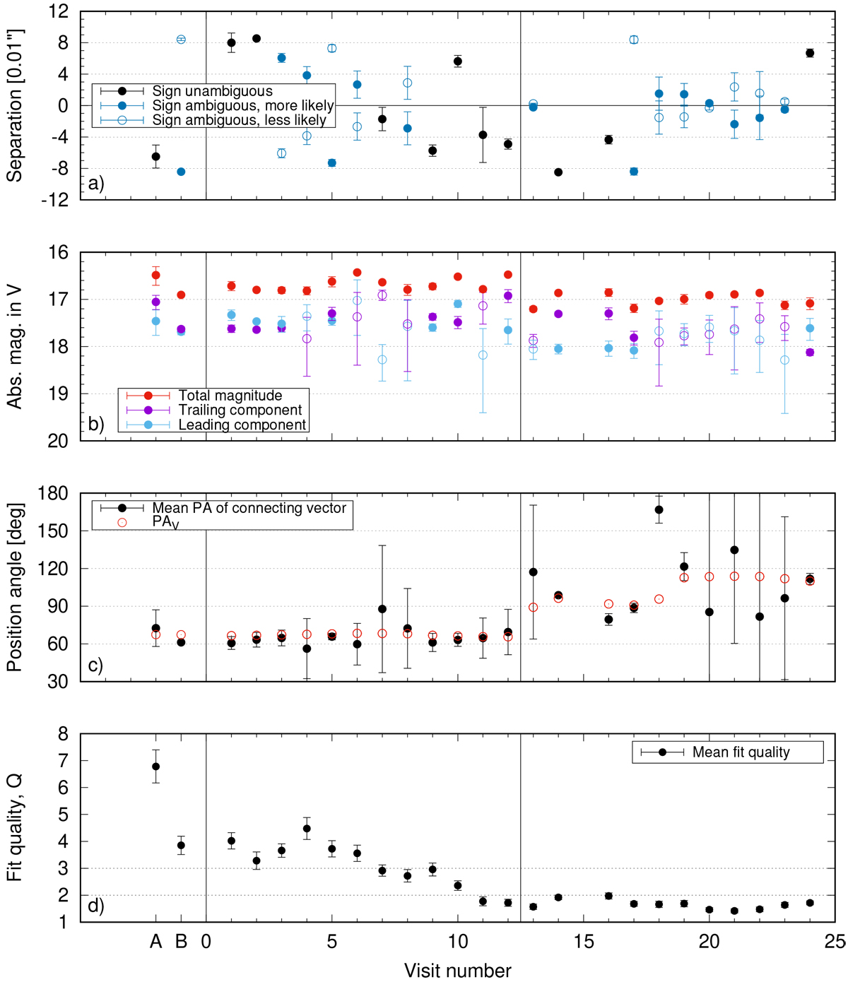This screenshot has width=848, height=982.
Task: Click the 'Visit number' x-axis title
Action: (x=457, y=971)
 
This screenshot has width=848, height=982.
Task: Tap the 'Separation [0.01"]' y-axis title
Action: (x=15, y=105)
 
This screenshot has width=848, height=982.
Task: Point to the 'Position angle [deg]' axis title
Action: (x=15, y=587)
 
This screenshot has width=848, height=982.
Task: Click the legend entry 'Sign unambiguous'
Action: (x=212, y=91)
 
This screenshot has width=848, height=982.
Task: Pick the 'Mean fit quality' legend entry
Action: (x=741, y=752)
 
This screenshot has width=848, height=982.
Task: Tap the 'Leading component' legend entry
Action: (x=242, y=425)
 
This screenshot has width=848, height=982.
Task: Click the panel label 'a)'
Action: (x=96, y=184)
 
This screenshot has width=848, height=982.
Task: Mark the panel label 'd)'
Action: (x=96, y=906)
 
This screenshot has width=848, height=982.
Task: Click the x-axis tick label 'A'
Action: (x=156, y=942)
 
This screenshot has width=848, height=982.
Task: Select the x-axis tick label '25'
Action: (x=835, y=942)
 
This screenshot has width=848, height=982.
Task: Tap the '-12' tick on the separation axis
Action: (x=55, y=200)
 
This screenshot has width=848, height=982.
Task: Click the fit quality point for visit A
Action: (x=156, y=767)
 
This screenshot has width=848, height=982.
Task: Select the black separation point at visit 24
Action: (x=810, y=53)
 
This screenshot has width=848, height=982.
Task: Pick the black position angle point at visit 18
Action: (x=659, y=509)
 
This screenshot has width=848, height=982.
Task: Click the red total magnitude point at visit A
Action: (x=156, y=275)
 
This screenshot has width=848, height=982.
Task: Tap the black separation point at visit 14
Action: (x=558, y=172)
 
